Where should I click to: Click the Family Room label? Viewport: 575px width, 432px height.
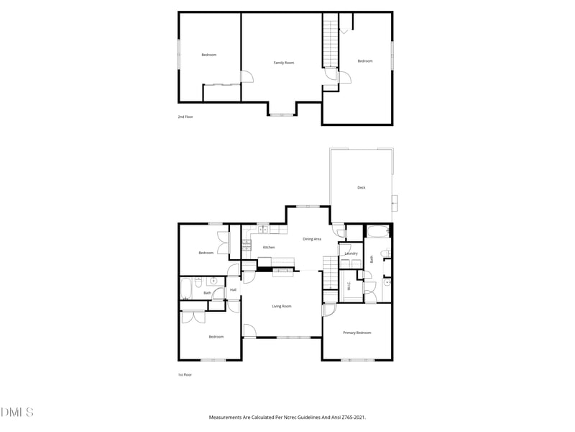(x=284, y=63)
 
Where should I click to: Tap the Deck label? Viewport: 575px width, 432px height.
(x=362, y=188)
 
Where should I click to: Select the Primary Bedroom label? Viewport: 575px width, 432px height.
(x=356, y=333)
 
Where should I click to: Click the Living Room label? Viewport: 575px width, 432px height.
(x=282, y=307)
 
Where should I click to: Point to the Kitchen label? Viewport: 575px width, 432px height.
(x=269, y=248)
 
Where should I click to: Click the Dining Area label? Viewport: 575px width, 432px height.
(x=312, y=239)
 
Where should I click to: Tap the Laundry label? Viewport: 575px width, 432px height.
(x=351, y=253)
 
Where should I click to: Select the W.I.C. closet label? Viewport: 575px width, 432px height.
(x=349, y=286)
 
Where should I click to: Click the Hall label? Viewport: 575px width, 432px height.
(x=234, y=290)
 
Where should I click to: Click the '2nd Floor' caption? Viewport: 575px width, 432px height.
(x=185, y=117)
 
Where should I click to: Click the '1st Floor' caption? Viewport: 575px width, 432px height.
(x=185, y=375)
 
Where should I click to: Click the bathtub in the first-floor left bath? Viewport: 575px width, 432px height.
(x=186, y=288)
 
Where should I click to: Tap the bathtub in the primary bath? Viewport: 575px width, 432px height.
(x=377, y=232)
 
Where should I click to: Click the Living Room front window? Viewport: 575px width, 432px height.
(x=293, y=337)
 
